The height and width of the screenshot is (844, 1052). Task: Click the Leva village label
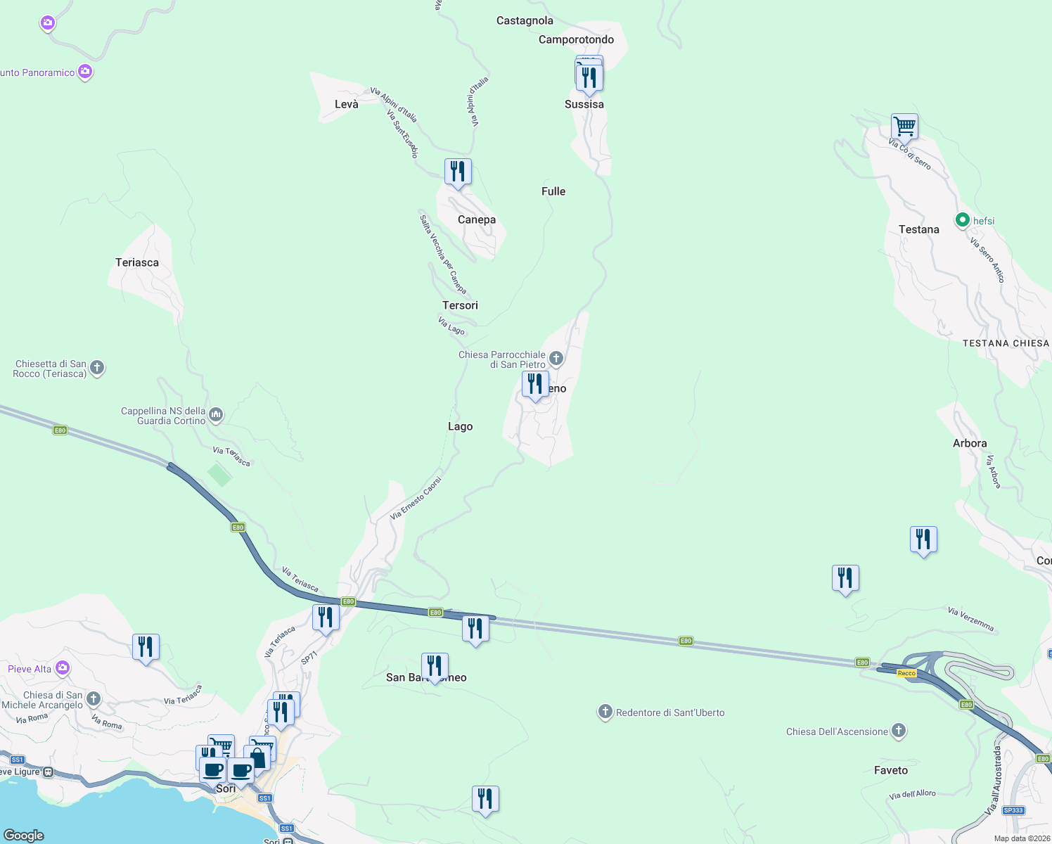pos(347,104)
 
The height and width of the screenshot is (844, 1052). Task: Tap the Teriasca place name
pos(137,262)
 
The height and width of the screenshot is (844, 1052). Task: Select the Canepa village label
pos(477,219)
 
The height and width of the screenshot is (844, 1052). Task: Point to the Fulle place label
pos(553,191)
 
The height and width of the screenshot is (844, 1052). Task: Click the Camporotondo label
pos(576,39)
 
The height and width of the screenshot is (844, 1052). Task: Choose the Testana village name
pos(918,229)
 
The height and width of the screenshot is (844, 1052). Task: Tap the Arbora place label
pos(970,443)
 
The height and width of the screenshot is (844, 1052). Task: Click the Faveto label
pos(891,770)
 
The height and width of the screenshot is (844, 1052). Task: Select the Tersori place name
pos(460,305)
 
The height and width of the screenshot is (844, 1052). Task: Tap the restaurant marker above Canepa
pos(458,172)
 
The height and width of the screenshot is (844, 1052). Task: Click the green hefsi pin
pos(962,220)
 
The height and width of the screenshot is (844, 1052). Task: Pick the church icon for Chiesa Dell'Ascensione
pos(899,731)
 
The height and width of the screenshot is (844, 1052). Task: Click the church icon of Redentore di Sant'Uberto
pos(605,712)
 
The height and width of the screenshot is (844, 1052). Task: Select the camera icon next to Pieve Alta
pos(63,667)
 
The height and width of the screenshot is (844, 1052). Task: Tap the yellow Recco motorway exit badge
pos(906,673)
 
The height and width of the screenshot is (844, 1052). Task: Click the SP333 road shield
pos(1013,810)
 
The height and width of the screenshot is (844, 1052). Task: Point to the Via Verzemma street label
pos(970,619)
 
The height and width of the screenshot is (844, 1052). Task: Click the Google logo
pos(24,835)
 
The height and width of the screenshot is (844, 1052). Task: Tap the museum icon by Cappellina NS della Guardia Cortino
pos(216,415)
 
